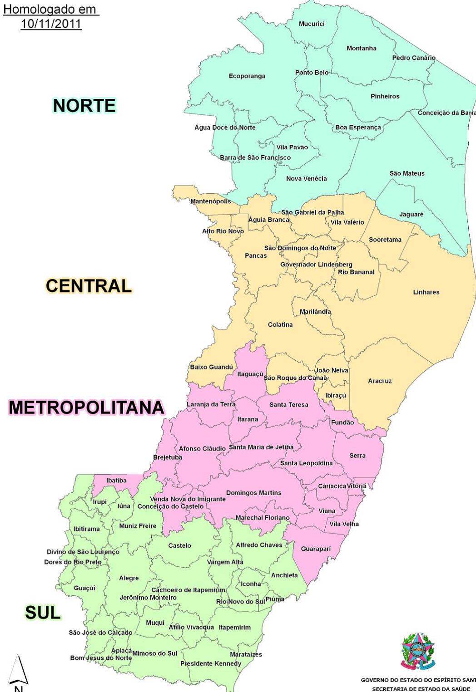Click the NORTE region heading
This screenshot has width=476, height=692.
[x=84, y=106]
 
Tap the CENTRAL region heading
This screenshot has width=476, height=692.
[x=89, y=286]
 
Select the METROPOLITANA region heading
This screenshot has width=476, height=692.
[x=86, y=407]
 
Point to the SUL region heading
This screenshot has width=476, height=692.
[x=43, y=613]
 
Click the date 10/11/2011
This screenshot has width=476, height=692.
[x=51, y=24]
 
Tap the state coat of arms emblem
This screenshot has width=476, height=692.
[x=417, y=652]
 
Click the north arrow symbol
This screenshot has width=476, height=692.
[x=18, y=670]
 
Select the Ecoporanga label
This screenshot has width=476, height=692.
[x=247, y=76]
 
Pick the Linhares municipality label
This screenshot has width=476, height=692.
[x=426, y=292]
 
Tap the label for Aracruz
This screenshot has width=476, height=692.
[x=380, y=381]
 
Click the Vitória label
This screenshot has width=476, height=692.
[x=357, y=486]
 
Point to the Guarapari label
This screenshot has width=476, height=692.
[x=316, y=549]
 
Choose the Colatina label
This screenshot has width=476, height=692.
[x=280, y=325]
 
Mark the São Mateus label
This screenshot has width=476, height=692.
[x=407, y=173]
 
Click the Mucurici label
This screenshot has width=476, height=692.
[x=312, y=24]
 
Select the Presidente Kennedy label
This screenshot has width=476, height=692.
[x=211, y=664]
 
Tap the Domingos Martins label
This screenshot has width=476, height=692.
[x=253, y=493]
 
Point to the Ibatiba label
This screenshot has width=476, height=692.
[x=116, y=481]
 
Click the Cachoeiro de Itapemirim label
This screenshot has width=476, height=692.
[x=188, y=590]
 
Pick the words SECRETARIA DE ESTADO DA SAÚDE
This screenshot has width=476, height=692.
[x=421, y=688]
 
